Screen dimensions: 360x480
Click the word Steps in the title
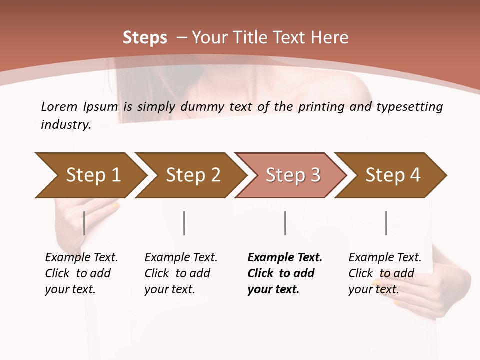(x=145, y=38)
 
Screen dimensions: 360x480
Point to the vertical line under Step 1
(x=84, y=223)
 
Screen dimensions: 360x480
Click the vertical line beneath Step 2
(x=184, y=223)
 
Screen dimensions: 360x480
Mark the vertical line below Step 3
(x=285, y=223)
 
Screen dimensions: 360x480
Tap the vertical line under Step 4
(x=386, y=223)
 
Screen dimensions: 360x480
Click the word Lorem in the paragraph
(x=59, y=106)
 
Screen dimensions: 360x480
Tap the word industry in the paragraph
(x=66, y=125)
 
